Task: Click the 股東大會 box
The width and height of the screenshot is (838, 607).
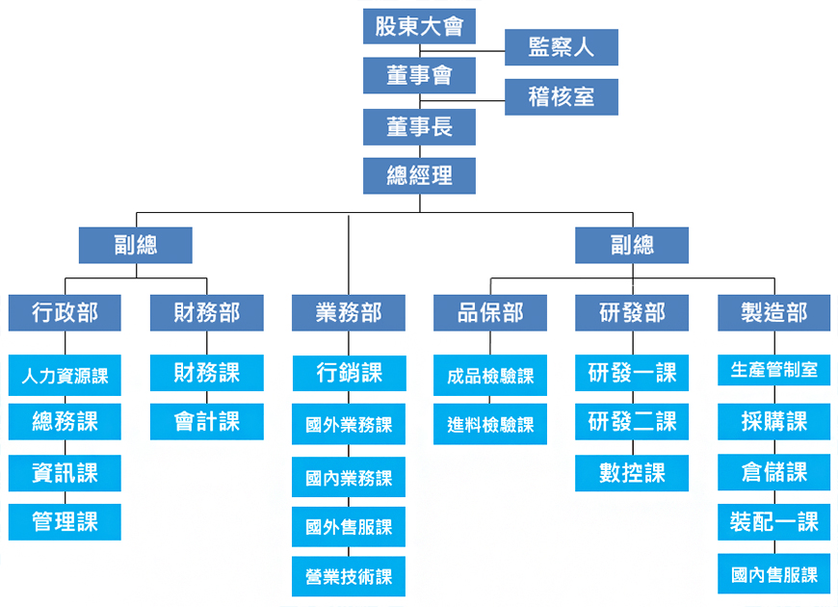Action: click(x=419, y=26)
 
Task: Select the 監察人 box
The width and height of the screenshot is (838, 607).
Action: click(x=562, y=47)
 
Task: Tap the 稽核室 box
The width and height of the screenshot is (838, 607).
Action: click(x=562, y=96)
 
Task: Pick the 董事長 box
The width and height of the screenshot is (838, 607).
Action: click(x=419, y=127)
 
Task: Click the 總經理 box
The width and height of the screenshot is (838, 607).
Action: click(x=419, y=175)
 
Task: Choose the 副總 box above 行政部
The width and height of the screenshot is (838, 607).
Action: click(x=135, y=245)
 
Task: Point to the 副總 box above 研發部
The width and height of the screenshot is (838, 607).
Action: click(x=632, y=245)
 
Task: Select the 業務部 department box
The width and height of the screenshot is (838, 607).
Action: click(x=349, y=313)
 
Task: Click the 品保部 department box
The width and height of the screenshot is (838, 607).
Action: click(x=490, y=313)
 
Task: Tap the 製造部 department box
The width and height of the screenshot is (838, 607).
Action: click(x=773, y=313)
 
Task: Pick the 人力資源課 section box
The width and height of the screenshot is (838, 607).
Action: click(x=65, y=375)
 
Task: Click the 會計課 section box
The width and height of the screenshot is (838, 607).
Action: click(x=207, y=421)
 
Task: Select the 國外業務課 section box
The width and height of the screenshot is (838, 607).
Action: click(x=349, y=424)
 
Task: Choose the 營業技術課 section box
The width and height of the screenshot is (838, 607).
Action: click(x=349, y=576)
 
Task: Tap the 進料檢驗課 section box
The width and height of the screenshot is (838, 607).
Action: click(x=490, y=424)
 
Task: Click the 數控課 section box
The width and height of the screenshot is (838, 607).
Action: click(x=632, y=473)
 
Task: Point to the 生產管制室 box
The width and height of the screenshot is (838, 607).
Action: click(x=773, y=370)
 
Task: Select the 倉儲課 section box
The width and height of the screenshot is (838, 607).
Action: click(x=773, y=472)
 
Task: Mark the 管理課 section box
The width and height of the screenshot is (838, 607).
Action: click(x=65, y=521)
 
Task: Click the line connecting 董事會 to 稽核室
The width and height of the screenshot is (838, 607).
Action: click(x=462, y=100)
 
